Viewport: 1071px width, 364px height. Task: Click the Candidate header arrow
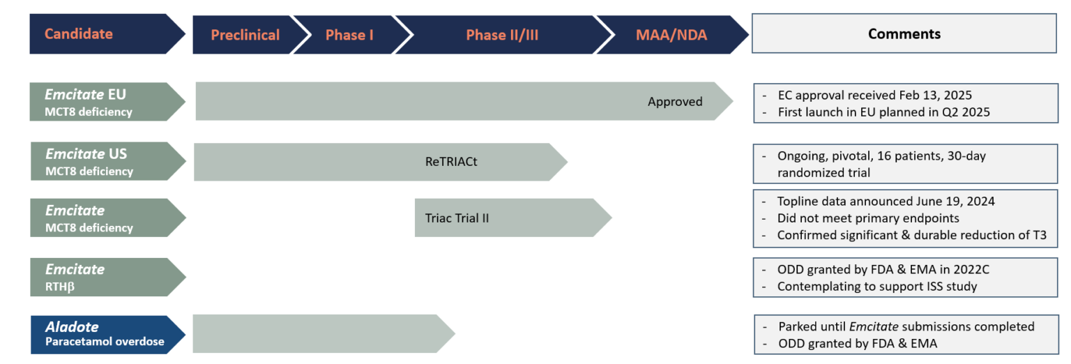pyautogui.click(x=107, y=33)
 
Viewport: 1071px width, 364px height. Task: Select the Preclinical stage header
pyautogui.click(x=245, y=34)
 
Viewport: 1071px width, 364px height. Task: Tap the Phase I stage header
pyautogui.click(x=349, y=34)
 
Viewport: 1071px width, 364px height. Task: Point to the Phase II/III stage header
pyautogui.click(x=502, y=34)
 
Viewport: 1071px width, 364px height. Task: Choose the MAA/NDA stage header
pyautogui.click(x=671, y=34)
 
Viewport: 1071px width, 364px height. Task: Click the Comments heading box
pyautogui.click(x=904, y=33)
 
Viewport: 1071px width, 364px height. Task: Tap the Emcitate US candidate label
pyautogui.click(x=108, y=161)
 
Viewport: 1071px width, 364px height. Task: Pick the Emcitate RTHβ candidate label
pyautogui.click(x=108, y=277)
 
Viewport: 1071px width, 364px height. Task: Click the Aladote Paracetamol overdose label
pyautogui.click(x=108, y=335)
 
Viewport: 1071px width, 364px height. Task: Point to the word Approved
pyautogui.click(x=675, y=101)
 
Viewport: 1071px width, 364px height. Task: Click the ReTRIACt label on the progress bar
pyautogui.click(x=451, y=162)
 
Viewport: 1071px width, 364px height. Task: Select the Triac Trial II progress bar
pyautogui.click(x=513, y=218)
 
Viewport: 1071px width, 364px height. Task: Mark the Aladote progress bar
pyautogui.click(x=324, y=334)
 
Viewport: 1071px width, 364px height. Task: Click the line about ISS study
pyautogui.click(x=877, y=286)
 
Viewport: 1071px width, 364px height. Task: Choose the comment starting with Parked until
pyautogui.click(x=906, y=326)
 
